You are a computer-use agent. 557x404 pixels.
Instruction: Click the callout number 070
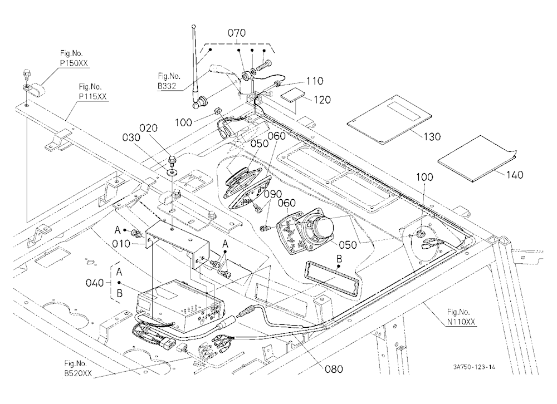[237, 33]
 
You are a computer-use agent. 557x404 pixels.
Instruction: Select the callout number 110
[315, 81]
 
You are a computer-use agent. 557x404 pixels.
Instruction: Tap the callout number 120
[322, 100]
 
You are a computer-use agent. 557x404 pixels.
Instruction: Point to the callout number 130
[432, 136]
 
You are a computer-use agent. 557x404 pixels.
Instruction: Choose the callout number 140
[515, 175]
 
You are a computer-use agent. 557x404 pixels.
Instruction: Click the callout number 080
[334, 369]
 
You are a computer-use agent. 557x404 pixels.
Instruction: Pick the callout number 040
[95, 283]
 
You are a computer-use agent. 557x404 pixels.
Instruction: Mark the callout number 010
[121, 244]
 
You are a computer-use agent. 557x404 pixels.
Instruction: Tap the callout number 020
[149, 128]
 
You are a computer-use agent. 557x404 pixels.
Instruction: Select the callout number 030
[131, 137]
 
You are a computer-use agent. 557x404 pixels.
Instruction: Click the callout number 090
[273, 194]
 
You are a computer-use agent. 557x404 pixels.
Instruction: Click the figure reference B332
[167, 86]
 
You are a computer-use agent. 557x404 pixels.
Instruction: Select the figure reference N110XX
[461, 322]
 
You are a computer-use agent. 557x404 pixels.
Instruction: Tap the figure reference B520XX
[78, 373]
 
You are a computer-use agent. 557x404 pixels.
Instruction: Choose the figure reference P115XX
[92, 96]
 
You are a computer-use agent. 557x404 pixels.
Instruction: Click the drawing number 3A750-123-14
[474, 367]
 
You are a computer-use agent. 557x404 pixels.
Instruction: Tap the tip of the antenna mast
[193, 26]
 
